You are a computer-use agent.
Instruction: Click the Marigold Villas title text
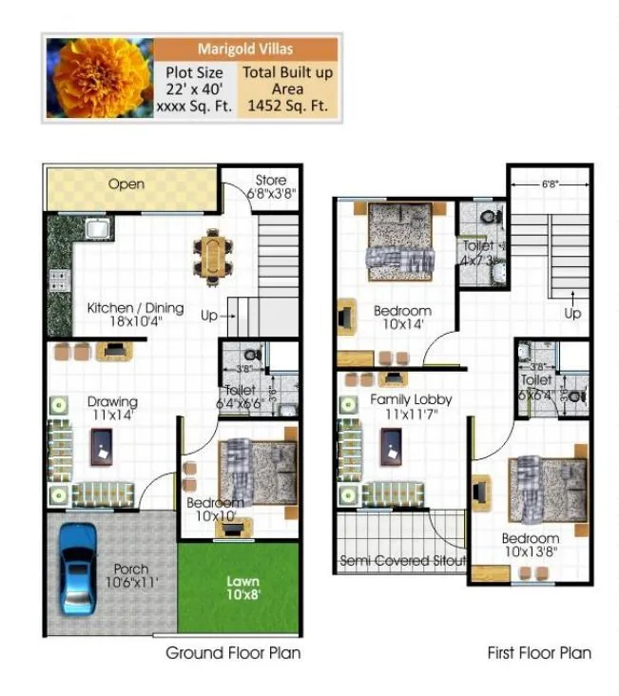[x=245, y=49]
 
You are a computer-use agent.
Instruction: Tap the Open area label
[x=126, y=184]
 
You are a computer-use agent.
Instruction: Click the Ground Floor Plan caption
[x=233, y=653]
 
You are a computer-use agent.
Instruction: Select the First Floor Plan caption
[x=538, y=653]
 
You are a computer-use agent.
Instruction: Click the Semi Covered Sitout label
[x=403, y=562]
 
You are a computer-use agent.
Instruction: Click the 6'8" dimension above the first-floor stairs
[x=551, y=184]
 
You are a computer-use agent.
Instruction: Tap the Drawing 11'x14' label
[x=112, y=408]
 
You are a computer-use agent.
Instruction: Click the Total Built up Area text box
[x=287, y=89]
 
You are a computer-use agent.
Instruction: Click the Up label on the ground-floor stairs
[x=207, y=315]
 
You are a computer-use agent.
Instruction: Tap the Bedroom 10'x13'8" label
[x=530, y=546]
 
